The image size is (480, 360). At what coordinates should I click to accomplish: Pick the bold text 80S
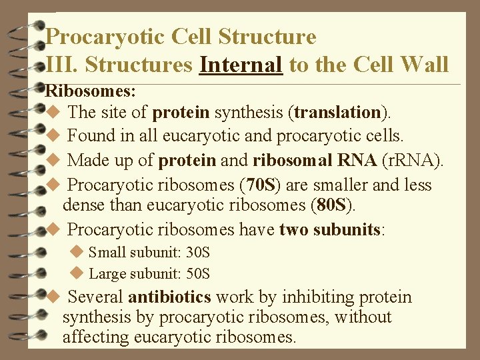click(331, 205)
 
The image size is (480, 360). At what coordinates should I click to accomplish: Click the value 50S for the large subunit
click(197, 273)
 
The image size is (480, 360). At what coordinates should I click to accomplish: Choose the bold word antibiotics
click(169, 297)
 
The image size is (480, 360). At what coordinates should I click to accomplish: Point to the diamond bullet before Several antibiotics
click(54, 296)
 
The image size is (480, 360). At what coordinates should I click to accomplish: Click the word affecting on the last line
click(95, 337)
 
